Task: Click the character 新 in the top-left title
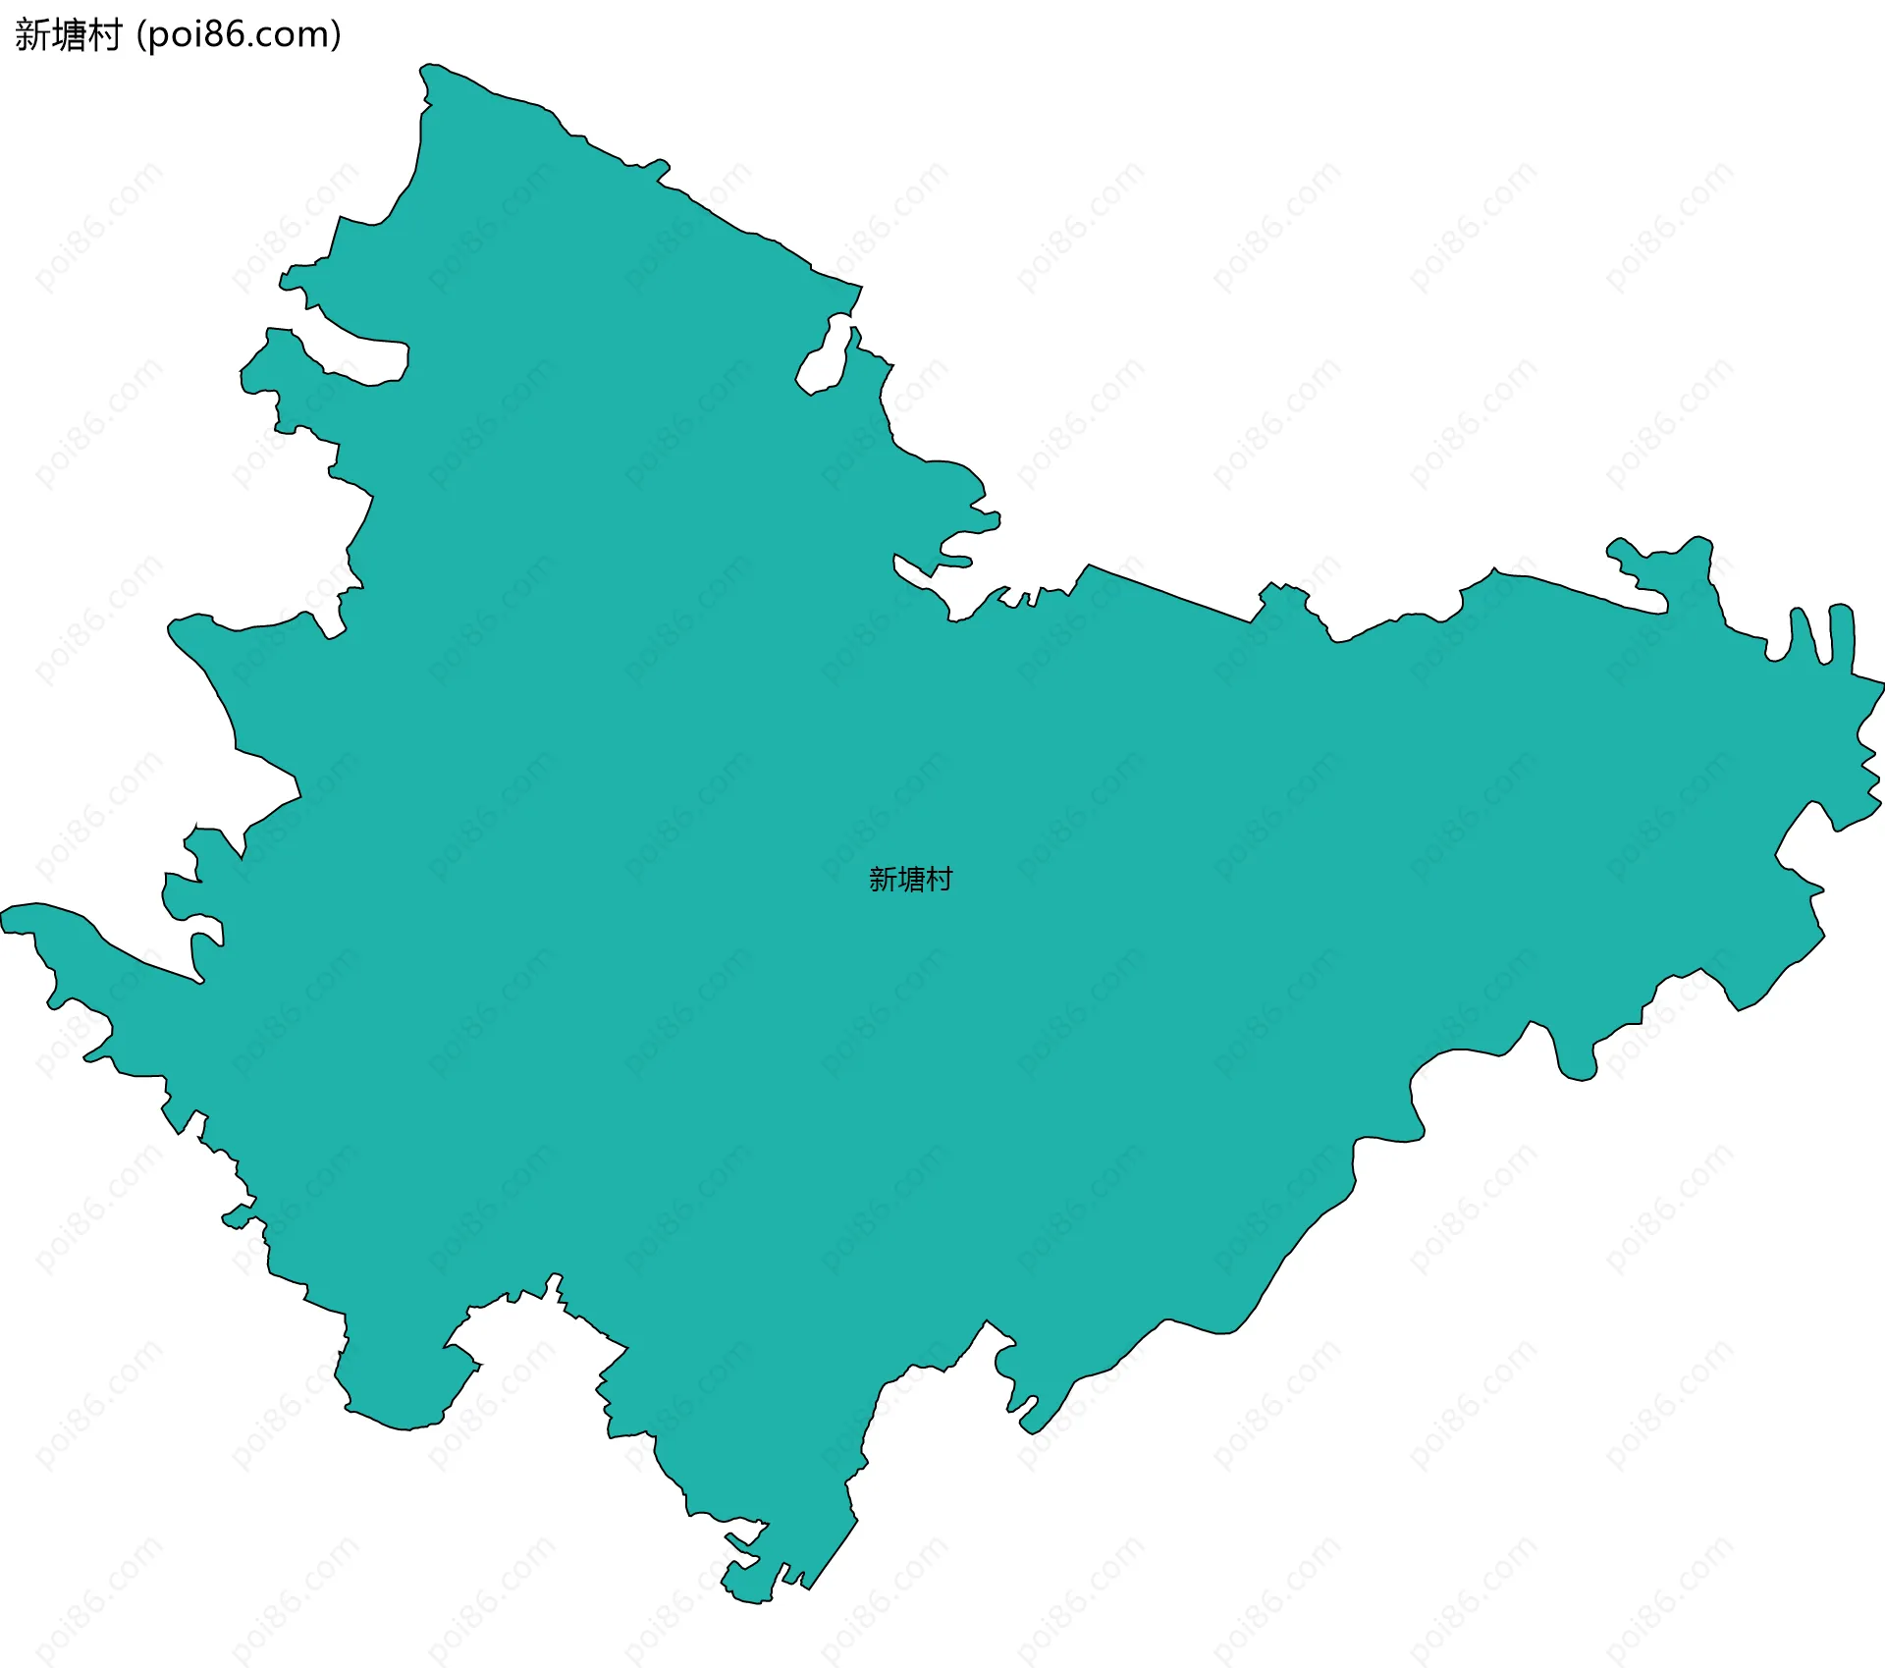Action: pos(30,35)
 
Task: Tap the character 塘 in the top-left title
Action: pos(67,35)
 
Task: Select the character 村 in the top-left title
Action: pos(103,35)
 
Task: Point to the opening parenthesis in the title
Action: pos(140,35)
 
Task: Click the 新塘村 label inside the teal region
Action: pos(910,879)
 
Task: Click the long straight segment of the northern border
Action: pos(1168,593)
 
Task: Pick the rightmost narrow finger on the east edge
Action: pos(1841,633)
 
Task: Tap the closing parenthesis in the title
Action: pos(337,35)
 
